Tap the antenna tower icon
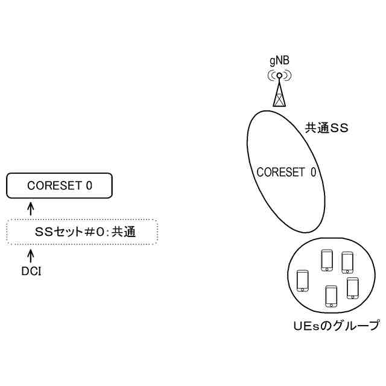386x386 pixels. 279,90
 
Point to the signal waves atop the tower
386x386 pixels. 279,76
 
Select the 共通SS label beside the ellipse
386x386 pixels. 327,128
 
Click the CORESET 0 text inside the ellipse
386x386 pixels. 286,172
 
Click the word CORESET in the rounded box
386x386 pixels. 53,186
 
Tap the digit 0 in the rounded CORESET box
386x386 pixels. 89,186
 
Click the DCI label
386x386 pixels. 31,271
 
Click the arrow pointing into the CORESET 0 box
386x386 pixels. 31,207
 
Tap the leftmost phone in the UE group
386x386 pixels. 303,280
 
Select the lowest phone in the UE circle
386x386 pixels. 331,296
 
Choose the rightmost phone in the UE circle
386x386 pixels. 353,287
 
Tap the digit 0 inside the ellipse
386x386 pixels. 313,172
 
